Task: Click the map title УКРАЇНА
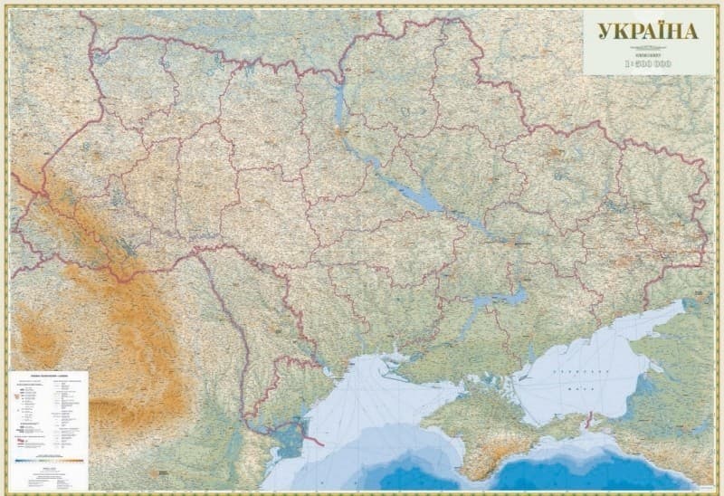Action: (647, 31)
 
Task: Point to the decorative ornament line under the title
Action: (647, 46)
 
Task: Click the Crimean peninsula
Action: (489, 425)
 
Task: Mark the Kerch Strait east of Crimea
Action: (589, 419)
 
